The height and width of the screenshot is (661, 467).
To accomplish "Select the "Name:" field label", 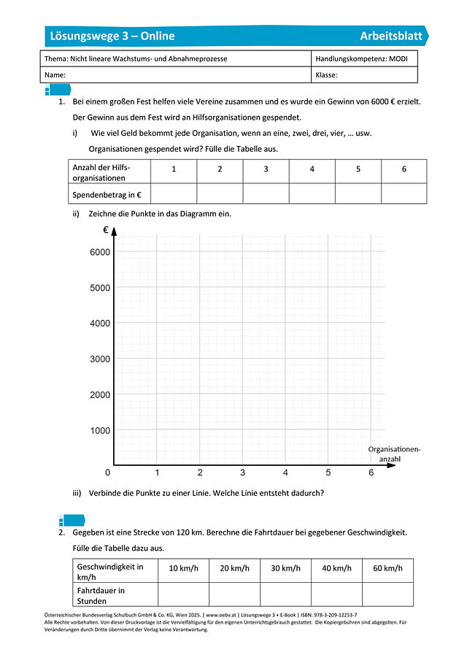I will (55, 74).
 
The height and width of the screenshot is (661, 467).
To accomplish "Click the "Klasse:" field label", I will (326, 74).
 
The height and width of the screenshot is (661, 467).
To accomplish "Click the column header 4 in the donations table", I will (312, 169).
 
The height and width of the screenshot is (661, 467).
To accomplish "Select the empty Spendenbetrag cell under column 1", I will (173, 194).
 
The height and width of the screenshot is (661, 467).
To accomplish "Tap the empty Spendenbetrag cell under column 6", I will (404, 194).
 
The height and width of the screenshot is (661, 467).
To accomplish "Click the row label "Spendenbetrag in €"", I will (107, 194).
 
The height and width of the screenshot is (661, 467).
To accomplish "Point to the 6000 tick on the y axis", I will (100, 252).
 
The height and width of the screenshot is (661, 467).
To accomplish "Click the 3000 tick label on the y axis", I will (100, 359).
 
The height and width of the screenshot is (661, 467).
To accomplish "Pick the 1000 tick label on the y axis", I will (100, 431).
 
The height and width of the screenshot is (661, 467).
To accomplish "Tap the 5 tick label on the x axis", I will (328, 473).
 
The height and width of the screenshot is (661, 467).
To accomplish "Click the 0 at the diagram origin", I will (108, 473).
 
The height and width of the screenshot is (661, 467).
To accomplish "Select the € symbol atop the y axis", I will (105, 230).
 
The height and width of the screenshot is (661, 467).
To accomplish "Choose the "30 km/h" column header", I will (285, 569).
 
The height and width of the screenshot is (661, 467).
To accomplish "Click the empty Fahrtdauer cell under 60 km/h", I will (387, 595).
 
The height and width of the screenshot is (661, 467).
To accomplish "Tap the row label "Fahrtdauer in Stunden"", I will (101, 595).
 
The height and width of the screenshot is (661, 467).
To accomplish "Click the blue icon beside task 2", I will (72, 520).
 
